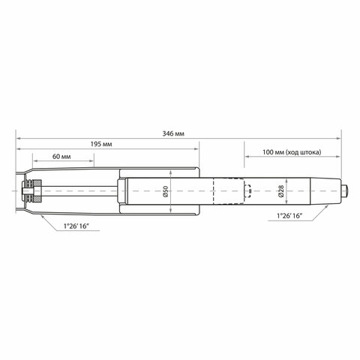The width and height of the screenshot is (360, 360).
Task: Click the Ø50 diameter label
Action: click(166, 193)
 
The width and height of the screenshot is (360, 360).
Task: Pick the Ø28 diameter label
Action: click(280, 193)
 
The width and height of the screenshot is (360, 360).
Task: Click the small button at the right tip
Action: click(345, 193)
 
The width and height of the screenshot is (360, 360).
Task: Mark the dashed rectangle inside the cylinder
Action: click(228, 193)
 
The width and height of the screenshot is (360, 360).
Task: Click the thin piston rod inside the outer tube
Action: click(82, 193)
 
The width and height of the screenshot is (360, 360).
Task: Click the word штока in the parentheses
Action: click(310, 152)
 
